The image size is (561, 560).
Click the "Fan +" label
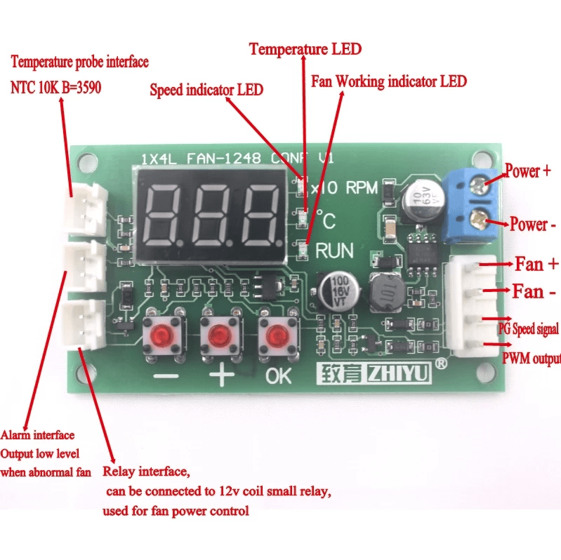[x=536, y=264]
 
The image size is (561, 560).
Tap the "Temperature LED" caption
[x=305, y=49]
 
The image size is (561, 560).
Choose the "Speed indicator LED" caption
[x=206, y=90]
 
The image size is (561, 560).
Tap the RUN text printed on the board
[x=334, y=249]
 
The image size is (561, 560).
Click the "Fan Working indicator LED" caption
[x=388, y=81]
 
